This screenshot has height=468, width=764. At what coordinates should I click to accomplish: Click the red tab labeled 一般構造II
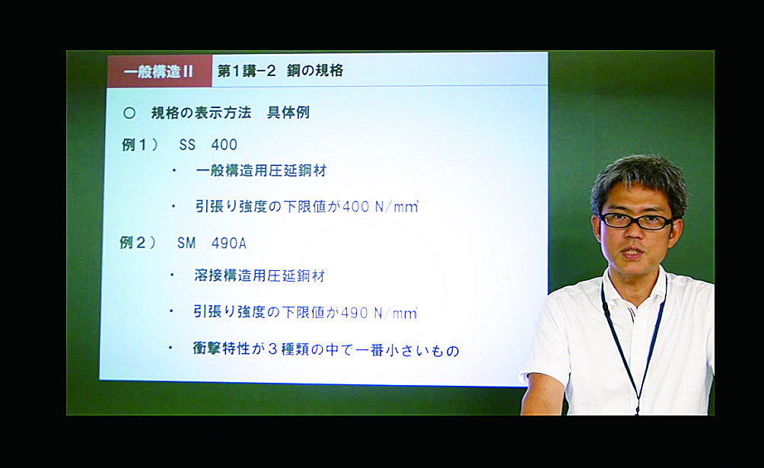tap(159, 72)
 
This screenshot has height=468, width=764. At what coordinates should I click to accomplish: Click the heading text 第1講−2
tap(247, 72)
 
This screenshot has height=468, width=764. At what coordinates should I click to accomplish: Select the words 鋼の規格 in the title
tap(315, 71)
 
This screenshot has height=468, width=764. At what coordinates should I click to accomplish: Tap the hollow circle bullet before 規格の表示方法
tap(129, 113)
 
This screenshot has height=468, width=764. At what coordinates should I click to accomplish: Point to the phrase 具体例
tap(288, 113)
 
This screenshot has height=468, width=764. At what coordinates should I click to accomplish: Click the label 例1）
tap(140, 145)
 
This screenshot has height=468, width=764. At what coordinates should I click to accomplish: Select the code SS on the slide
tap(187, 145)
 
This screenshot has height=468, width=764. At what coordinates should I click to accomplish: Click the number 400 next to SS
tap(224, 145)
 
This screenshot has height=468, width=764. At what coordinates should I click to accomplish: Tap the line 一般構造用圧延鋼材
tap(261, 170)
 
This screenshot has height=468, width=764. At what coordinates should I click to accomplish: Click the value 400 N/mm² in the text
tap(380, 207)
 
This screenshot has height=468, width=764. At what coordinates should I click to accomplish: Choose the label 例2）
tap(138, 242)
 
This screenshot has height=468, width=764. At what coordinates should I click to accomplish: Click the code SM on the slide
tap(186, 243)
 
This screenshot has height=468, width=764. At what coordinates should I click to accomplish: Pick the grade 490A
tap(228, 243)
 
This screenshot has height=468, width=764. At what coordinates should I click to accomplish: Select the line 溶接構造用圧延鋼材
tap(259, 275)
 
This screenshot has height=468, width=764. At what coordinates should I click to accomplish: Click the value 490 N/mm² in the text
tap(379, 313)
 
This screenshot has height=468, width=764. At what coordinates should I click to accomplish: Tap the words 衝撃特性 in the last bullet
tap(221, 349)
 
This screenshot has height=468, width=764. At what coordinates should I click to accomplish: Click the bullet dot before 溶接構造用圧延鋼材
tap(172, 275)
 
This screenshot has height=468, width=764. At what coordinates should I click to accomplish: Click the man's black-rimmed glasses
tap(636, 221)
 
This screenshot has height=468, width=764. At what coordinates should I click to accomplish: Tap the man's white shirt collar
tap(633, 291)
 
